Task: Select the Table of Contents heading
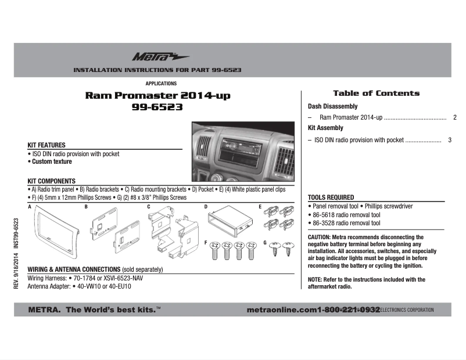pos(376,93)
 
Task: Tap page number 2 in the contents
pos(454,117)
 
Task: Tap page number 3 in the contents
pos(450,140)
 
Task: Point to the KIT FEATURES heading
pos(46,145)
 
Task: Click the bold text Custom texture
pos(52,162)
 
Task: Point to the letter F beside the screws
pos(206,241)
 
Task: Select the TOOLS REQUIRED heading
pos(331,197)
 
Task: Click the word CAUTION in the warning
pos(319,237)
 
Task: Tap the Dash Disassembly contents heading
pos(332,107)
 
